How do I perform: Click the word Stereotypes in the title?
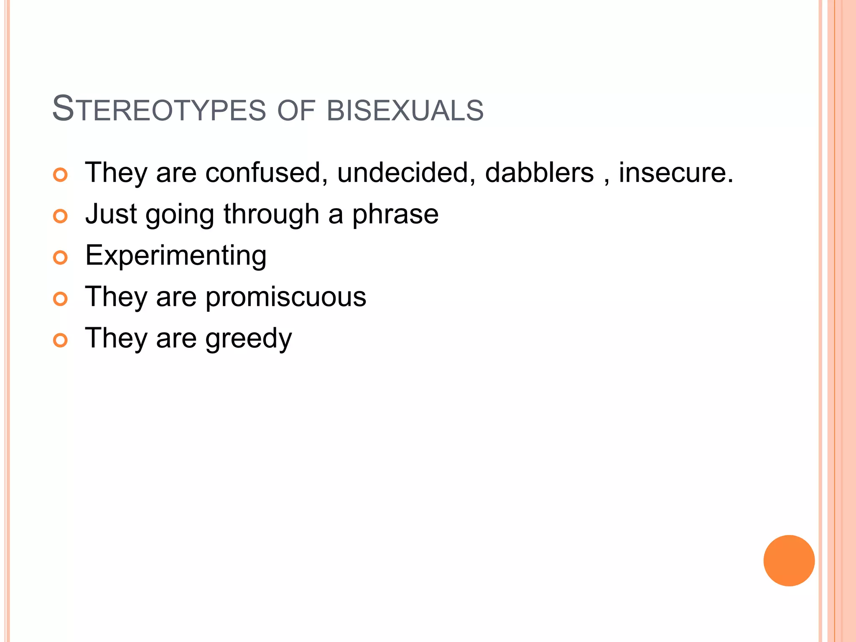click(x=159, y=110)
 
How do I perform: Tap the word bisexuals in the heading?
click(x=405, y=110)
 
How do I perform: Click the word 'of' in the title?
click(x=296, y=110)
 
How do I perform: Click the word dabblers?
click(x=539, y=172)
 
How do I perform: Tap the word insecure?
click(x=676, y=172)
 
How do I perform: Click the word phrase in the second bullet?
click(x=395, y=214)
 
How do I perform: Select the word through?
click(x=271, y=214)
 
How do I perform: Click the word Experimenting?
click(x=176, y=256)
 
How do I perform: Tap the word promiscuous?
click(x=285, y=297)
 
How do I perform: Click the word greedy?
click(x=248, y=339)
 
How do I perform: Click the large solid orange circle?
click(x=789, y=560)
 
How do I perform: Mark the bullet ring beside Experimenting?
click(x=61, y=257)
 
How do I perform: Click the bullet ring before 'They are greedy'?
click(x=61, y=340)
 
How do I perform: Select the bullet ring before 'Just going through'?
click(x=61, y=216)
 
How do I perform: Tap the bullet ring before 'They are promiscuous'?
click(x=61, y=299)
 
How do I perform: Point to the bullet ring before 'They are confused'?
click(x=61, y=175)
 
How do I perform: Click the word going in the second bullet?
click(x=180, y=214)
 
